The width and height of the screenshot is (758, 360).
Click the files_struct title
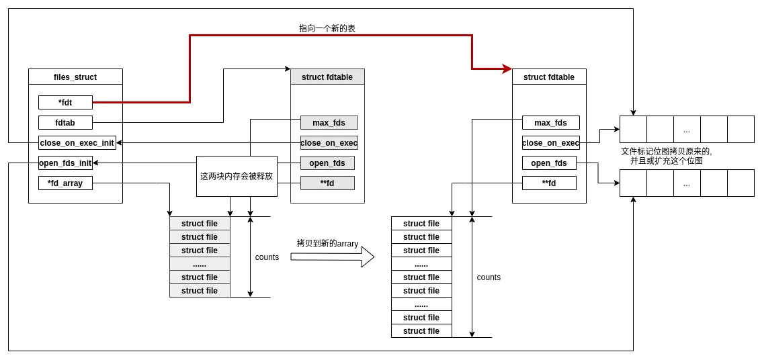(x=75, y=77)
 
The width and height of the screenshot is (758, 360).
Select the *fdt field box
(x=65, y=103)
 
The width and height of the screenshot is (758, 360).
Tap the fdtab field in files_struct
(x=65, y=123)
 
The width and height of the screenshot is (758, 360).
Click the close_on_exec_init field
(x=77, y=143)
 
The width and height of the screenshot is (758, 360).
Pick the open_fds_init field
(x=65, y=163)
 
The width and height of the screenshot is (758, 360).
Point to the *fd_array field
(x=65, y=183)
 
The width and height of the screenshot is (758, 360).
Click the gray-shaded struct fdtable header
(x=327, y=77)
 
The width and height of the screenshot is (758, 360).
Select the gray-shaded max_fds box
(x=329, y=123)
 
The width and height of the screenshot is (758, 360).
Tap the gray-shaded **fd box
(x=327, y=183)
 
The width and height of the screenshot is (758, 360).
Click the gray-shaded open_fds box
(x=327, y=163)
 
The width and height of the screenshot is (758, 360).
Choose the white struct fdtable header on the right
(x=549, y=77)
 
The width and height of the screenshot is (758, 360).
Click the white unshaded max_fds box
(x=550, y=123)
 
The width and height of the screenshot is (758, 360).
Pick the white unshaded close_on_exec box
(x=550, y=143)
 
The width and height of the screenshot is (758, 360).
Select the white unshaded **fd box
(x=549, y=183)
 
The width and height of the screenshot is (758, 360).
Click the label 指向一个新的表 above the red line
(x=327, y=29)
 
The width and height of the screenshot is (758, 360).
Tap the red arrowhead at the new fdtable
(x=507, y=69)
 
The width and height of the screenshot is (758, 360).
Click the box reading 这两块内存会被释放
(x=237, y=177)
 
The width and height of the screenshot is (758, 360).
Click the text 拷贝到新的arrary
(x=327, y=244)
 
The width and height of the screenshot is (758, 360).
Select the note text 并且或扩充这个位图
(x=666, y=161)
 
